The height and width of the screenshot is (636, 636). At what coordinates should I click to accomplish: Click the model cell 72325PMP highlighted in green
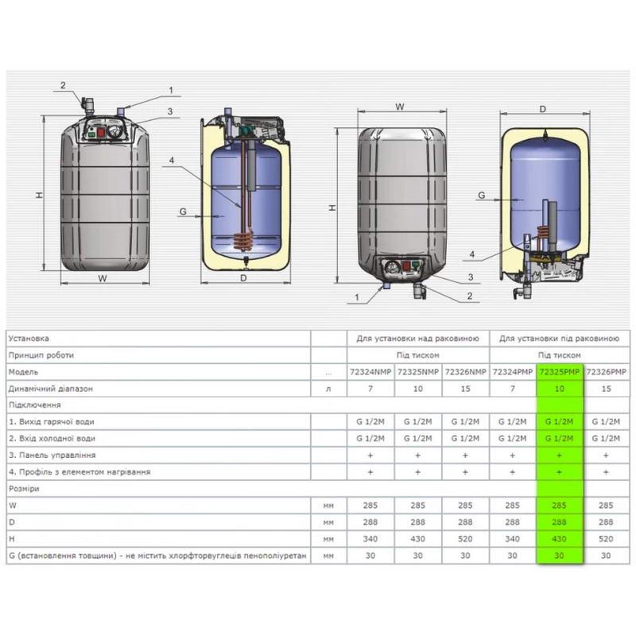(x=560, y=372)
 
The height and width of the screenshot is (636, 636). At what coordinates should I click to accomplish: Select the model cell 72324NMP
(x=370, y=372)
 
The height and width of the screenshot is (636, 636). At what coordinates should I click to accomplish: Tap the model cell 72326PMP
(x=606, y=372)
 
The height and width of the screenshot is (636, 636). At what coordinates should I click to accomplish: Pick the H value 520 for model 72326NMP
(x=465, y=539)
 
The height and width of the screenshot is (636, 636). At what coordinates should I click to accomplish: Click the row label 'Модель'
(x=23, y=372)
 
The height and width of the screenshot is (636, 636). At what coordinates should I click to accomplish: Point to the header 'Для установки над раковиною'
(x=418, y=339)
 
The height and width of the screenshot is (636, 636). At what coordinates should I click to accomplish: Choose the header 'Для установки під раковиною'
(x=559, y=339)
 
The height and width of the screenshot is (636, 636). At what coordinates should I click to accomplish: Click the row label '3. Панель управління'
(x=52, y=455)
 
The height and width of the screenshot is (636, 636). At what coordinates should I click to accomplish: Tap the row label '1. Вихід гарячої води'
(x=52, y=422)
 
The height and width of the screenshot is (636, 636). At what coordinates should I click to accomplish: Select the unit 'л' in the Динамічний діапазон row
(x=328, y=389)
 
